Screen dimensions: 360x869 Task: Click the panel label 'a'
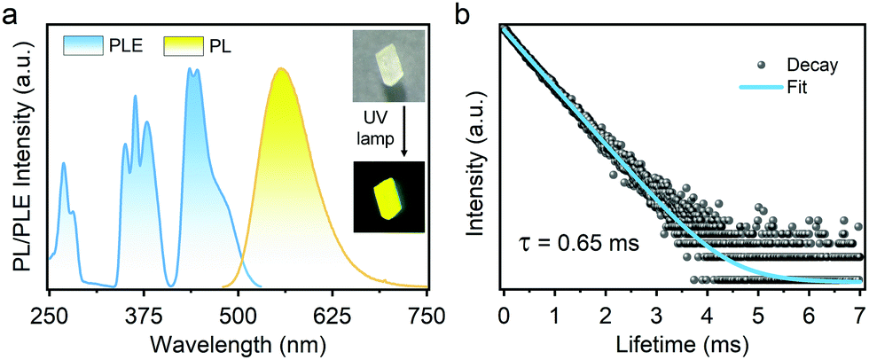[12, 15]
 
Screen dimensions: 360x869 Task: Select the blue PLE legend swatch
[84, 43]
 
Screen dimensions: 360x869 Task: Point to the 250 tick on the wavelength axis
[51, 313]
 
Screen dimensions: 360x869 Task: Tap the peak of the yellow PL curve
[281, 69]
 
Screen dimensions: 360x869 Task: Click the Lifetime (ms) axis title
[681, 340]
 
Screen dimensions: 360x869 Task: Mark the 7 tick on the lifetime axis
[858, 313]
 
